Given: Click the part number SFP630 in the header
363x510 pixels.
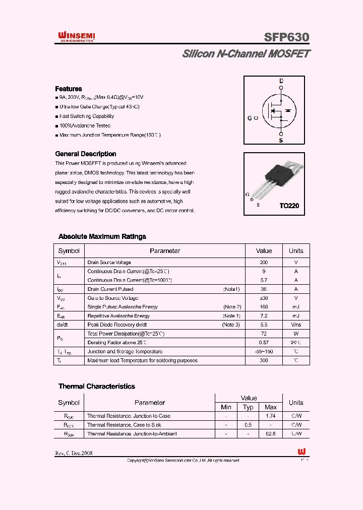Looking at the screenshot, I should coord(286,37).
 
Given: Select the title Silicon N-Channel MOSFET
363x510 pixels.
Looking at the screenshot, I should coord(246,54).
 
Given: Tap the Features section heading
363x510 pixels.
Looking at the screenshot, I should coord(68,89).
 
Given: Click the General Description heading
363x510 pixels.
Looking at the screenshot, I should coord(85,154).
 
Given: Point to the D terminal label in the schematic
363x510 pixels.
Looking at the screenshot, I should coord(281,81).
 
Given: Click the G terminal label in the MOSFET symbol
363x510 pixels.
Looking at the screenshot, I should coord(250,118).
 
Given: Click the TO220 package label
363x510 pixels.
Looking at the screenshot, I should coord(289,206).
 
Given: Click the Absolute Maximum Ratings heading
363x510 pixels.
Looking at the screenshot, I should coord(102,236).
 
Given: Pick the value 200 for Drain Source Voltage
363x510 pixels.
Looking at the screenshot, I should coord(264,263).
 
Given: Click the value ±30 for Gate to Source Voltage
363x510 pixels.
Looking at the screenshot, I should coord(264,298).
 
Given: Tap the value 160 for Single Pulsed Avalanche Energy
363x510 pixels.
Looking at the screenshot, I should coord(264,307).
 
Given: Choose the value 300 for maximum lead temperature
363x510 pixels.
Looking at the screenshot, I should coord(264,360).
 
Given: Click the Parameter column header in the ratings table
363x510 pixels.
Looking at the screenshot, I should coord(164,251).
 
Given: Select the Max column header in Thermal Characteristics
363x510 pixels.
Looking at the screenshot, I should coord(271,407).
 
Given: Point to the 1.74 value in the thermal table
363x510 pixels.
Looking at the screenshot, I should coord(271,416).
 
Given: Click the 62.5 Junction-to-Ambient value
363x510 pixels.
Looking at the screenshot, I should coord(271,434).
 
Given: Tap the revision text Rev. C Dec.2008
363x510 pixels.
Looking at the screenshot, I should coord(74,453).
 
